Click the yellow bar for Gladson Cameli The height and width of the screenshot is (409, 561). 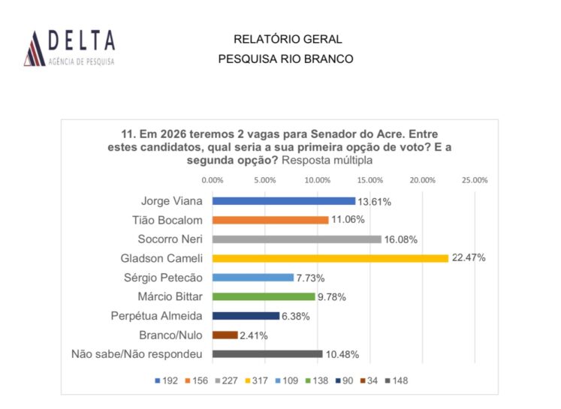coord(330,258)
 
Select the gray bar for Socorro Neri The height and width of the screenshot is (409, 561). coord(297,239)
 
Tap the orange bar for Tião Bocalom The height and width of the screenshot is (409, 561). coord(270,220)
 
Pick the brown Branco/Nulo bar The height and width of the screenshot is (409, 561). coord(225,335)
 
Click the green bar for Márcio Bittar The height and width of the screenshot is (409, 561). coord(264,296)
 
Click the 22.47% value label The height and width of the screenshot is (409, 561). coord(469,258)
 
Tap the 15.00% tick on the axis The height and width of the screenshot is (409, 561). coord(370,180)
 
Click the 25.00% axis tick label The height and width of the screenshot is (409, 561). coord(475,180)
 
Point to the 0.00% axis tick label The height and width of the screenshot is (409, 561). coord(213,180)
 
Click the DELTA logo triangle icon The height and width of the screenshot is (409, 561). coord(34,48)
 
